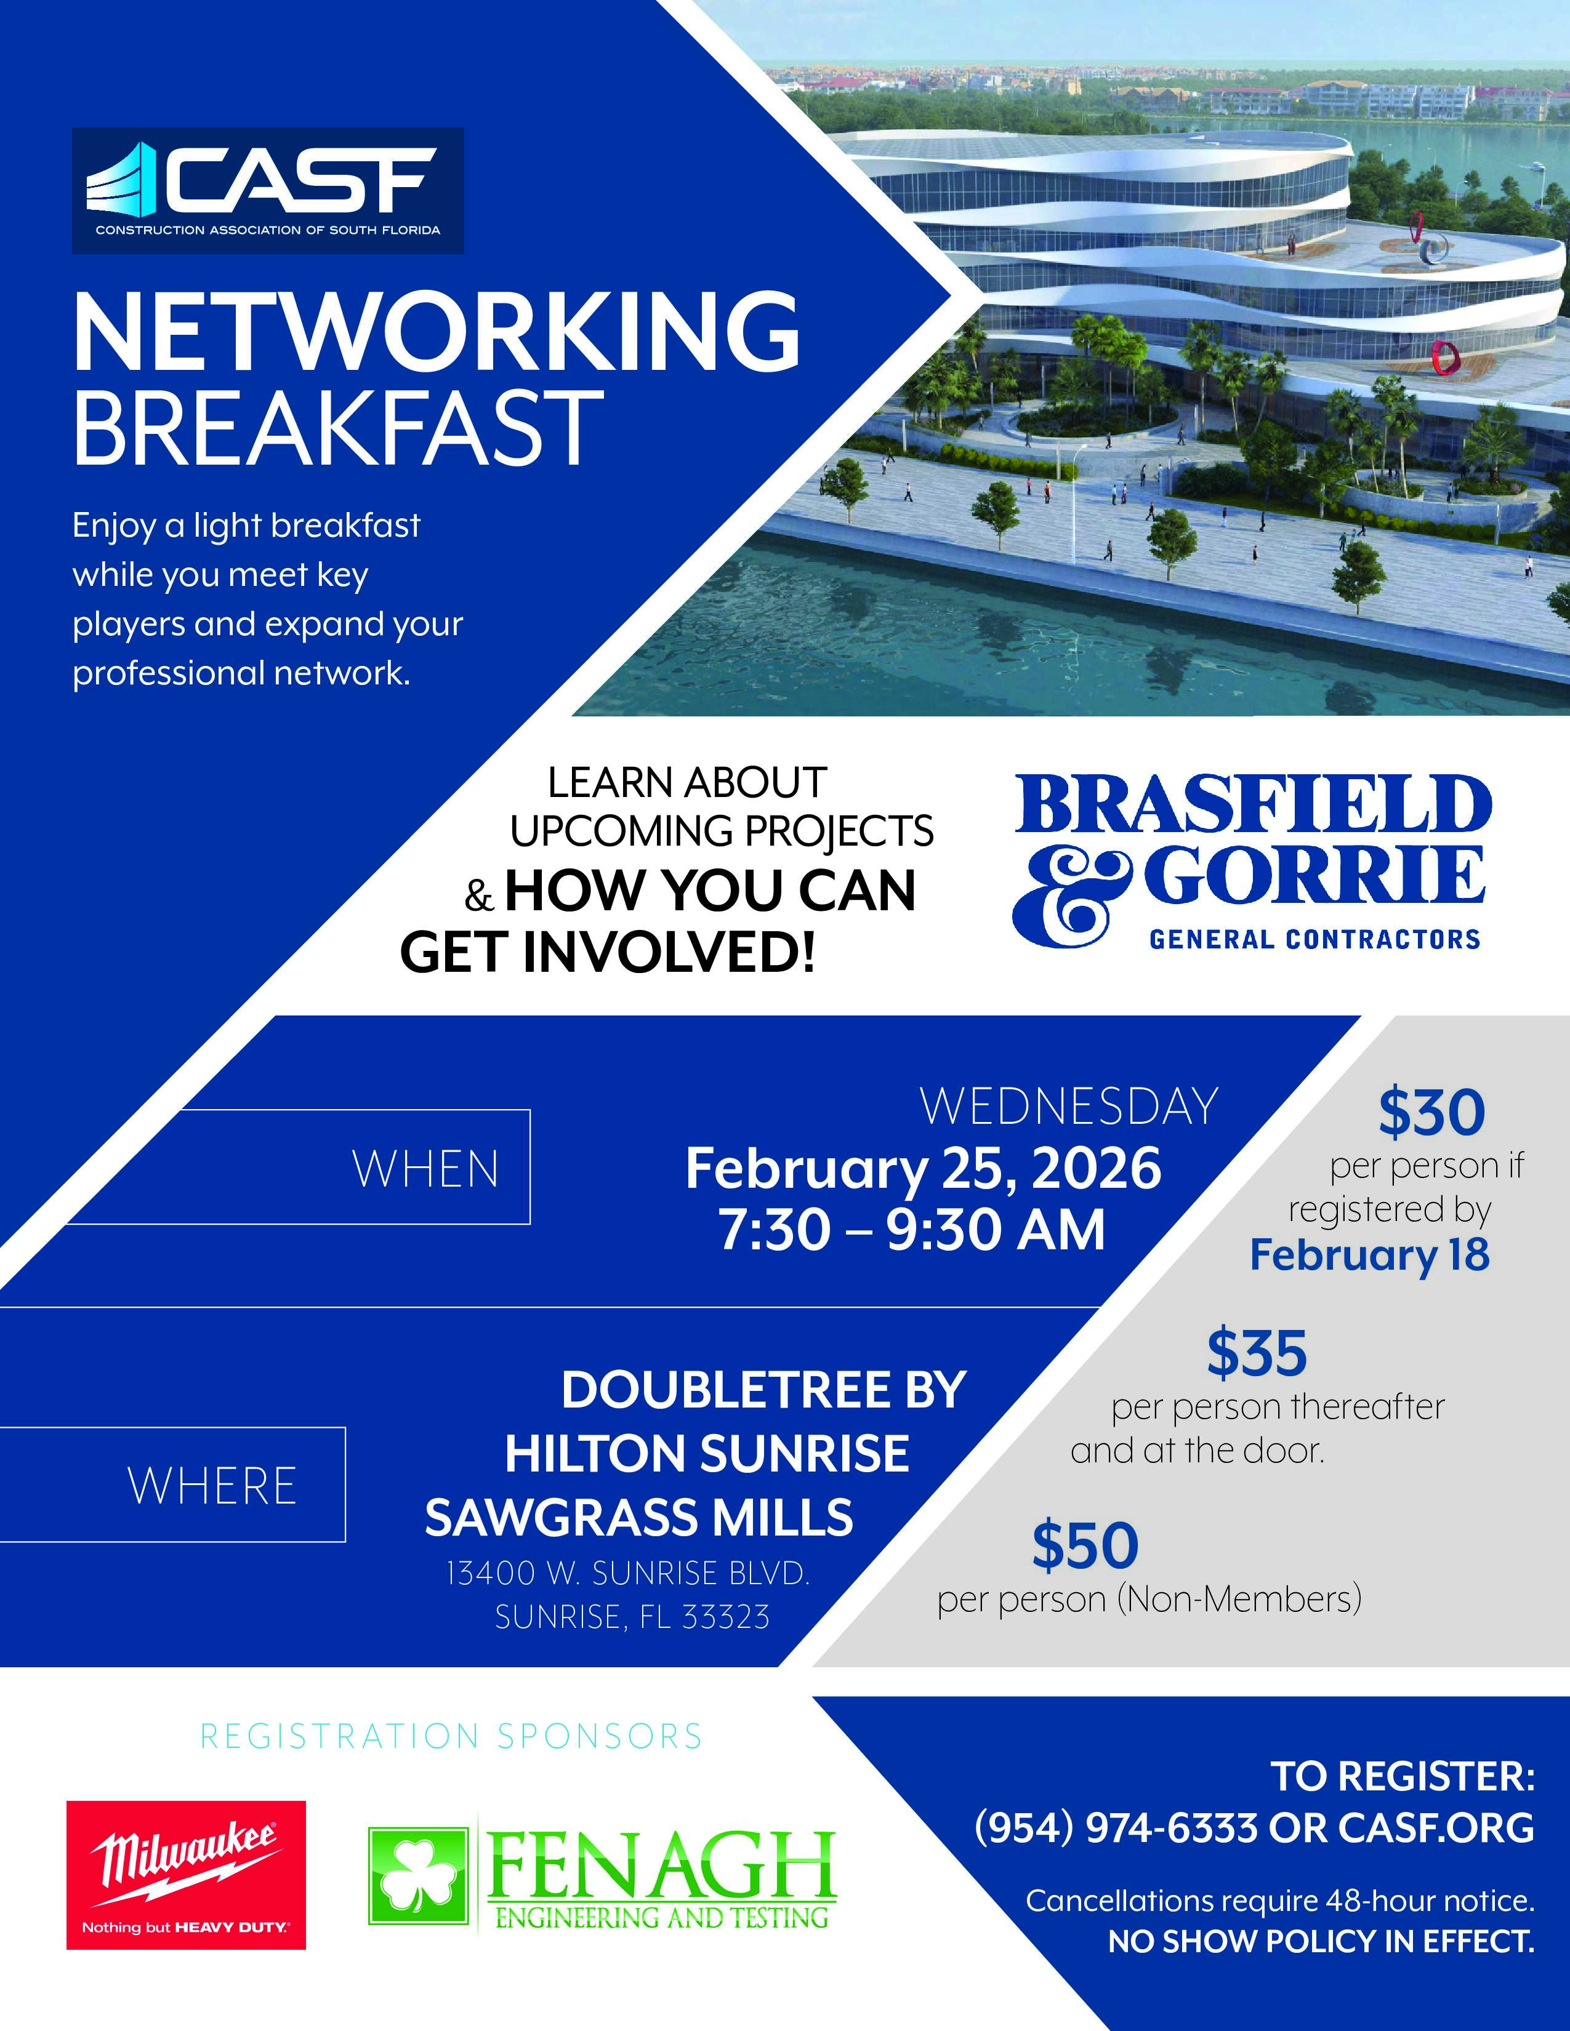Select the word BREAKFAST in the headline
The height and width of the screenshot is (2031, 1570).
(x=339, y=427)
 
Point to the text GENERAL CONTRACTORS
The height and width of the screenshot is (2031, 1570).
(x=1314, y=939)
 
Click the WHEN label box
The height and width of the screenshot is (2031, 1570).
(x=297, y=1167)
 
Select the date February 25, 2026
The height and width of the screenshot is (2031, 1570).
(x=923, y=1169)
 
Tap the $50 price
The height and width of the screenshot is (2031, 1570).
(x=1085, y=1545)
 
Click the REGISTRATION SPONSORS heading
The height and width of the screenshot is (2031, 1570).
(x=451, y=1737)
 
